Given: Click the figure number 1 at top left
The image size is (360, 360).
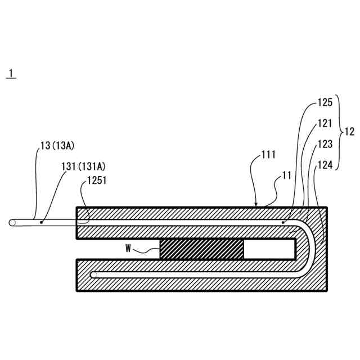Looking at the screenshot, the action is (x=11, y=74).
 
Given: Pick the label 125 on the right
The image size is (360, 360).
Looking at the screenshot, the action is (x=325, y=103).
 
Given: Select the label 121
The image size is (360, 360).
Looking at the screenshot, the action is (x=325, y=124).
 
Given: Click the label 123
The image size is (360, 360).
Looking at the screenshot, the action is (x=325, y=144).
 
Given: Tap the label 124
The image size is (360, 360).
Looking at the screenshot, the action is (x=325, y=165).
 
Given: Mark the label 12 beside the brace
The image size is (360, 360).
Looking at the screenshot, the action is (x=349, y=133).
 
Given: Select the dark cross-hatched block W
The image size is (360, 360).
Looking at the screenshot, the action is (x=202, y=248).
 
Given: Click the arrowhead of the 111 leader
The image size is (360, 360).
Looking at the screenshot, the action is (x=256, y=206).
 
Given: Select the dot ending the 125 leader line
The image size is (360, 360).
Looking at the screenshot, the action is (x=283, y=223).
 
